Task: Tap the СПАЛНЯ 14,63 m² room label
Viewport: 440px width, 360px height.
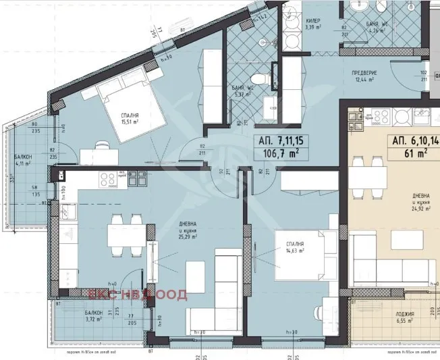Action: pos(294,247)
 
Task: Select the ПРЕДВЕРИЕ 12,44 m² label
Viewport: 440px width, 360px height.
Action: pos(364,77)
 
